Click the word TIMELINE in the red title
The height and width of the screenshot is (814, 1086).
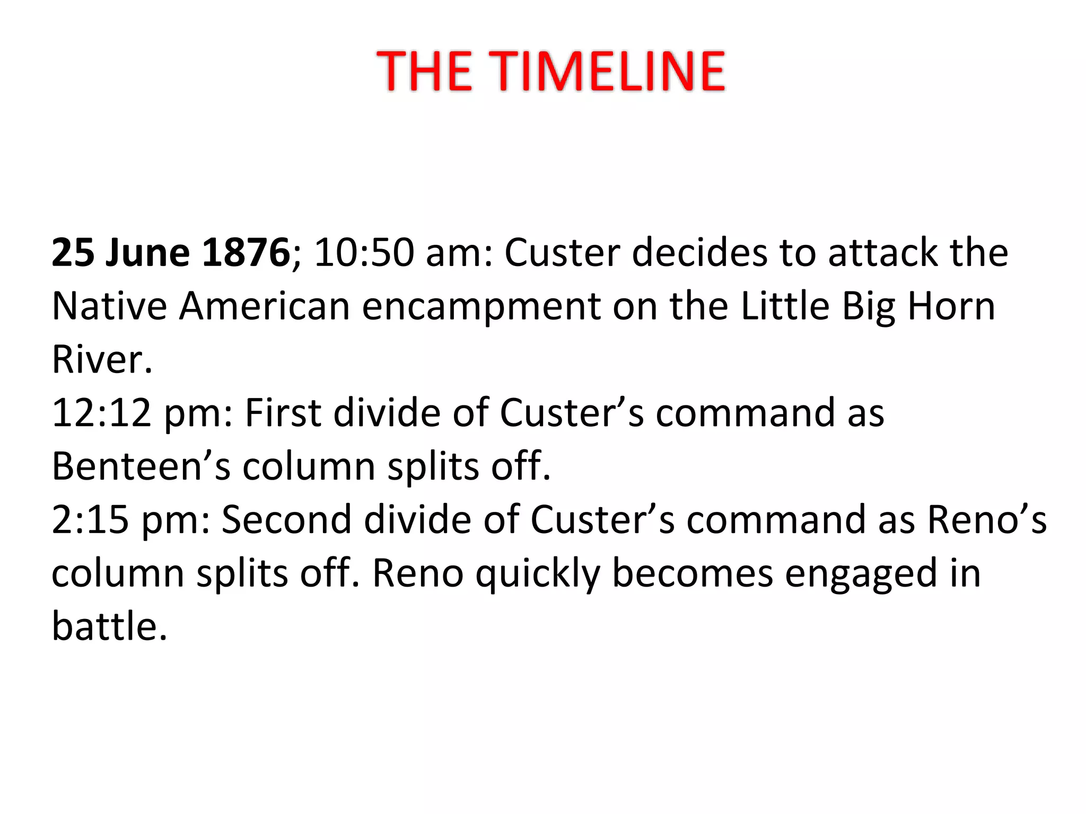click(x=609, y=71)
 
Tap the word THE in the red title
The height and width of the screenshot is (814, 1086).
click(x=424, y=71)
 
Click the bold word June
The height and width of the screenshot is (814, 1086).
click(x=147, y=252)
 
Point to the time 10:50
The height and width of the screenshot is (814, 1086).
click(x=364, y=252)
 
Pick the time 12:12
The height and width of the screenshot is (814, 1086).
click(x=102, y=413)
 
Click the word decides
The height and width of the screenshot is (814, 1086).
click(x=699, y=252)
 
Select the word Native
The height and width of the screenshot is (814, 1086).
click(x=109, y=306)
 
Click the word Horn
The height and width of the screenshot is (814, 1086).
click(x=951, y=306)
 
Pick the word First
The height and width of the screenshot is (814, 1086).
click(x=283, y=413)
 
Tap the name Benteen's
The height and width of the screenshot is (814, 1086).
click(x=141, y=466)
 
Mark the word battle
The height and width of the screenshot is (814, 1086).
click(x=109, y=626)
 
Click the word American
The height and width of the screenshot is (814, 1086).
click(x=264, y=306)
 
